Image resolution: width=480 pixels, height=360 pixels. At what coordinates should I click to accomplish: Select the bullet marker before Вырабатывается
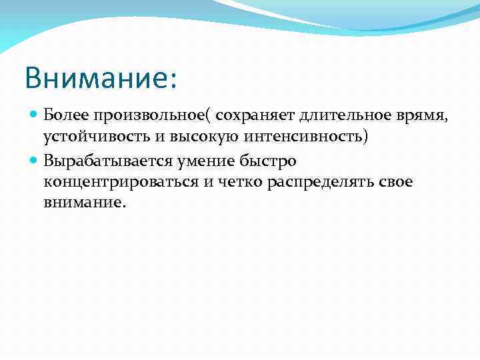pos(35,161)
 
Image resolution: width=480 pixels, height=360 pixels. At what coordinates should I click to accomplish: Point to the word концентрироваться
pos(120,183)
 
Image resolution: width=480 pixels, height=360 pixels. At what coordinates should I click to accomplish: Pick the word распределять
pos(323,183)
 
